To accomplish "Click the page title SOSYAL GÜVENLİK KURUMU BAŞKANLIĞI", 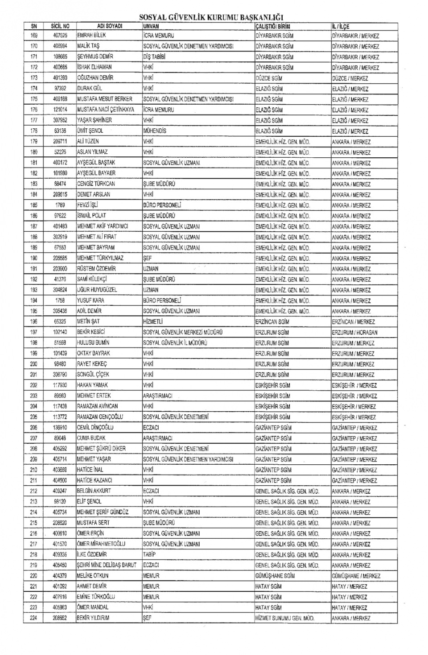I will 211,17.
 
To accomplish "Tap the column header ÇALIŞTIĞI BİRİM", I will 272,26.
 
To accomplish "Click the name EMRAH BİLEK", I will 91,35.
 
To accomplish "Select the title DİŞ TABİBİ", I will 154,57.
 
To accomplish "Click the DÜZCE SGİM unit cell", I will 269,78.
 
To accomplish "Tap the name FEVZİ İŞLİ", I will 87,205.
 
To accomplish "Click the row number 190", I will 34,258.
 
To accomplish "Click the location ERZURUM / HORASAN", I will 354,332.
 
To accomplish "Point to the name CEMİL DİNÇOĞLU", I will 95,427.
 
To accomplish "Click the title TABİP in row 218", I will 150,554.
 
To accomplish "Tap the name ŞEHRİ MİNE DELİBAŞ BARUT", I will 107,565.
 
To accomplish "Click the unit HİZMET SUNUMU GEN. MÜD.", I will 285,618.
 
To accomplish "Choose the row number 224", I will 34,618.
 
